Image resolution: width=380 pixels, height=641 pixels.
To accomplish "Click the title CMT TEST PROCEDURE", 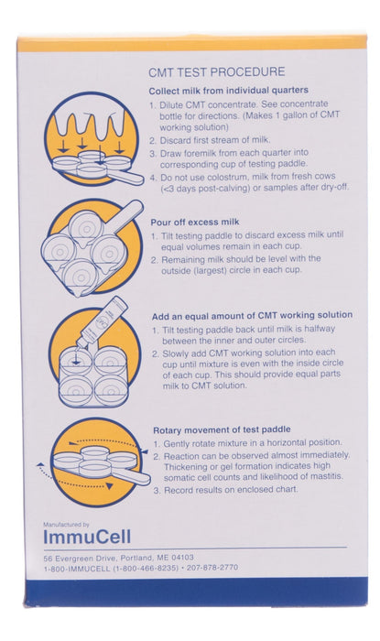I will (216, 71).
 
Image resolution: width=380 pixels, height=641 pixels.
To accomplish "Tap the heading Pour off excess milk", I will (198, 221).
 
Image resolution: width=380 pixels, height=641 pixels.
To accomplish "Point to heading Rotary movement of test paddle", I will (221, 429).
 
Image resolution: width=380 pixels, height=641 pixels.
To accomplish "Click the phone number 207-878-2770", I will (212, 567).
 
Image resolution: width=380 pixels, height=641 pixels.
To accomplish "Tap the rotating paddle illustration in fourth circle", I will (92, 463).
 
